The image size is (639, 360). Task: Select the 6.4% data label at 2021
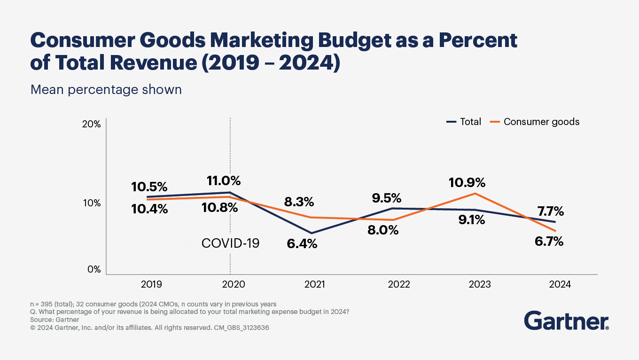(x=302, y=244)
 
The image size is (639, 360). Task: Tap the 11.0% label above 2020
(x=224, y=180)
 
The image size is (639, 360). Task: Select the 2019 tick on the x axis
(x=151, y=284)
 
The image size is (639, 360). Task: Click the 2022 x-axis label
(x=399, y=284)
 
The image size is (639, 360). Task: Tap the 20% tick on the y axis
(x=91, y=124)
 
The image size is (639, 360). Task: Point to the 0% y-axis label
(x=94, y=269)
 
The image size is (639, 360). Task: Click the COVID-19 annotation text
(x=230, y=243)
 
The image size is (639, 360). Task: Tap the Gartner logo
(x=566, y=321)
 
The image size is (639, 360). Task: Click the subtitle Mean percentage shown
(x=106, y=89)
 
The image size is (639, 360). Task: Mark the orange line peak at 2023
(x=476, y=193)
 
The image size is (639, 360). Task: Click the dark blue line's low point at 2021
(x=311, y=233)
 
